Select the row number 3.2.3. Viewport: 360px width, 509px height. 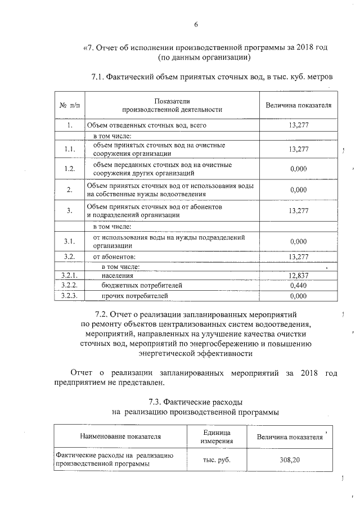(69, 295)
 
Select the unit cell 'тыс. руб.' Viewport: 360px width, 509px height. (217, 460)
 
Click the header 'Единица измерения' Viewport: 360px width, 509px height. (217, 435)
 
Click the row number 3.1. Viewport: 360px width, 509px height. (69, 241)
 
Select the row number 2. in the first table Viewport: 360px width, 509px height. (69, 190)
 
